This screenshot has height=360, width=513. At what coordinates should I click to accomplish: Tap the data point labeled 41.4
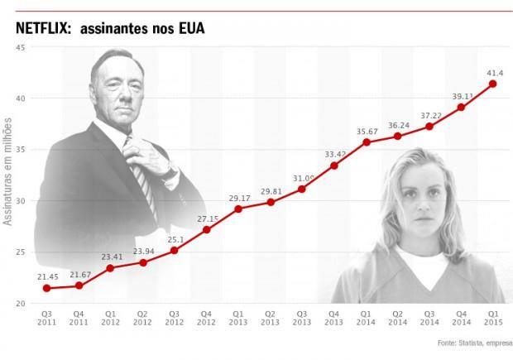click(493, 84)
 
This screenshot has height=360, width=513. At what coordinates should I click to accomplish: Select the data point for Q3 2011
click(46, 288)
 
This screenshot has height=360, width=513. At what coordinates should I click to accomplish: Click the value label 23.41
click(110, 256)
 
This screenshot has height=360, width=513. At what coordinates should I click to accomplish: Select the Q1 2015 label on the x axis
click(493, 319)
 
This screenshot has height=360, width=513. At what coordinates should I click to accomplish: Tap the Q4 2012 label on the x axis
click(206, 319)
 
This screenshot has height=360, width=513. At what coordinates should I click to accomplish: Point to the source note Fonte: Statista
click(467, 340)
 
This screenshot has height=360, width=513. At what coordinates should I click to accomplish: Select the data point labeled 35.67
click(366, 142)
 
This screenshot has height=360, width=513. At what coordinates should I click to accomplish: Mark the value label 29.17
click(237, 197)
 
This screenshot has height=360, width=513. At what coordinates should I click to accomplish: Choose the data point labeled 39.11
click(461, 107)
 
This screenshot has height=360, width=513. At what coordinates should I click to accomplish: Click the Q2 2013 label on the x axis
click(270, 319)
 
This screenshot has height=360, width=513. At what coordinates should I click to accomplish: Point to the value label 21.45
click(46, 276)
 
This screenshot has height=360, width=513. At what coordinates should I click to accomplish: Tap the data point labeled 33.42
click(333, 166)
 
